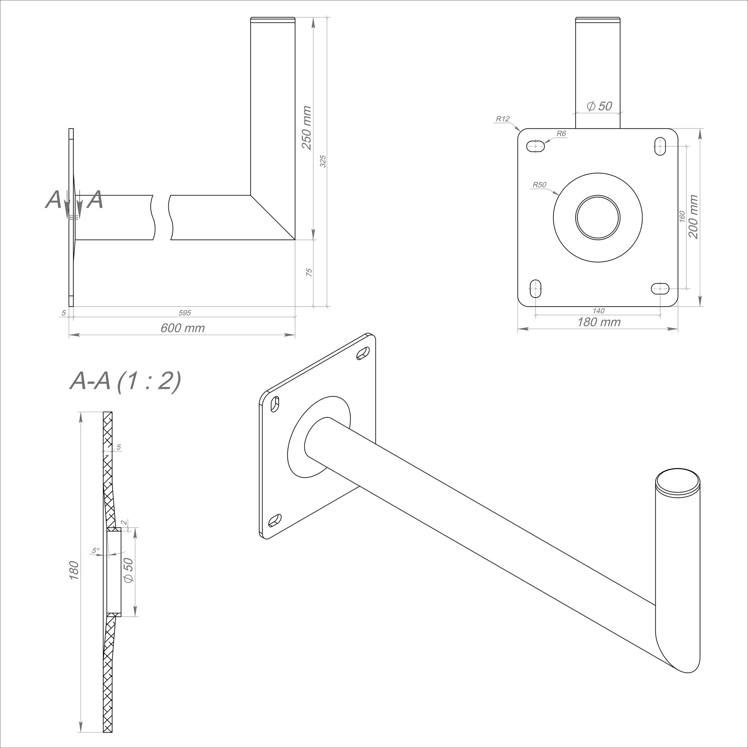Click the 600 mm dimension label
pyautogui.click(x=183, y=328)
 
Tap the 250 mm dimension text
pyautogui.click(x=306, y=128)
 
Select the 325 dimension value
pyautogui.click(x=323, y=161)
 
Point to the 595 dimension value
pyautogui.click(x=185, y=312)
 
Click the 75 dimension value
pyautogui.click(x=309, y=272)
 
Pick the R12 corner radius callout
pyautogui.click(x=503, y=119)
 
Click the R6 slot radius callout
pyautogui.click(x=561, y=134)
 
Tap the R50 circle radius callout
pyautogui.click(x=539, y=185)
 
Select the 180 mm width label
pyautogui.click(x=598, y=322)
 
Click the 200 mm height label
pyautogui.click(x=693, y=217)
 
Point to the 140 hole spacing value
pyautogui.click(x=598, y=310)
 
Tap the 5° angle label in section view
pyautogui.click(x=96, y=550)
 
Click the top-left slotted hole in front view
pyautogui.click(x=536, y=146)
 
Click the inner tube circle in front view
pyautogui.click(x=597, y=217)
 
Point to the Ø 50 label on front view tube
pyautogui.click(x=599, y=106)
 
